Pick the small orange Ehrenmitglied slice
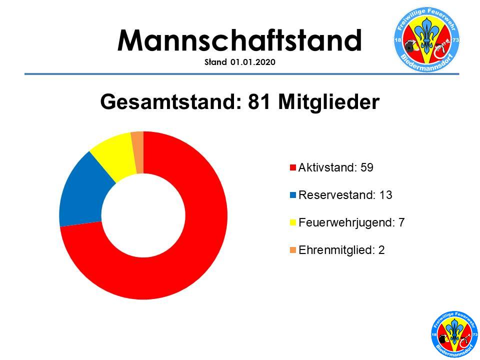pyautogui.click(x=138, y=152)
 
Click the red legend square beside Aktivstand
pyautogui.click(x=293, y=168)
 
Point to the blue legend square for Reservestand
pyautogui.click(x=293, y=195)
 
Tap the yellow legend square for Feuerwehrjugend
pyautogui.click(x=293, y=222)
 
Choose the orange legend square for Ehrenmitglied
pyautogui.click(x=293, y=250)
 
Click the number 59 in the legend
pyautogui.click(x=366, y=167)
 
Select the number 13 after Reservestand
pyautogui.click(x=385, y=195)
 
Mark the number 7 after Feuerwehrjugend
pyautogui.click(x=401, y=222)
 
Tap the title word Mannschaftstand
pyautogui.click(x=239, y=40)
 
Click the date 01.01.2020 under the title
pyautogui.click(x=253, y=62)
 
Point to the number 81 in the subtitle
pyautogui.click(x=259, y=101)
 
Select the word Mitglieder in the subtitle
pyautogui.click(x=329, y=101)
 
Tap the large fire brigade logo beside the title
pyautogui.click(x=426, y=40)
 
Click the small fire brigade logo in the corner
pyautogui.click(x=454, y=334)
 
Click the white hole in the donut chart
pyautogui.click(x=143, y=215)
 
